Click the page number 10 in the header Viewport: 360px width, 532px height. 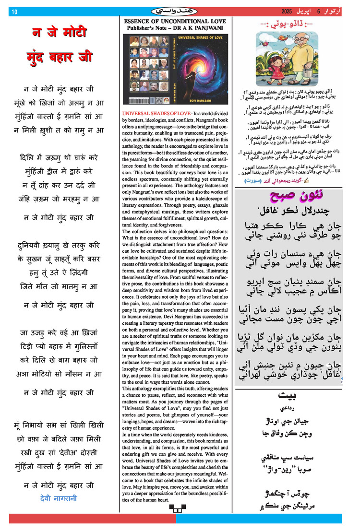click(14, 12)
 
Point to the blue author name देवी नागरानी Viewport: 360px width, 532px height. click(59, 498)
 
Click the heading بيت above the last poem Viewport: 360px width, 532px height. click(288, 396)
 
